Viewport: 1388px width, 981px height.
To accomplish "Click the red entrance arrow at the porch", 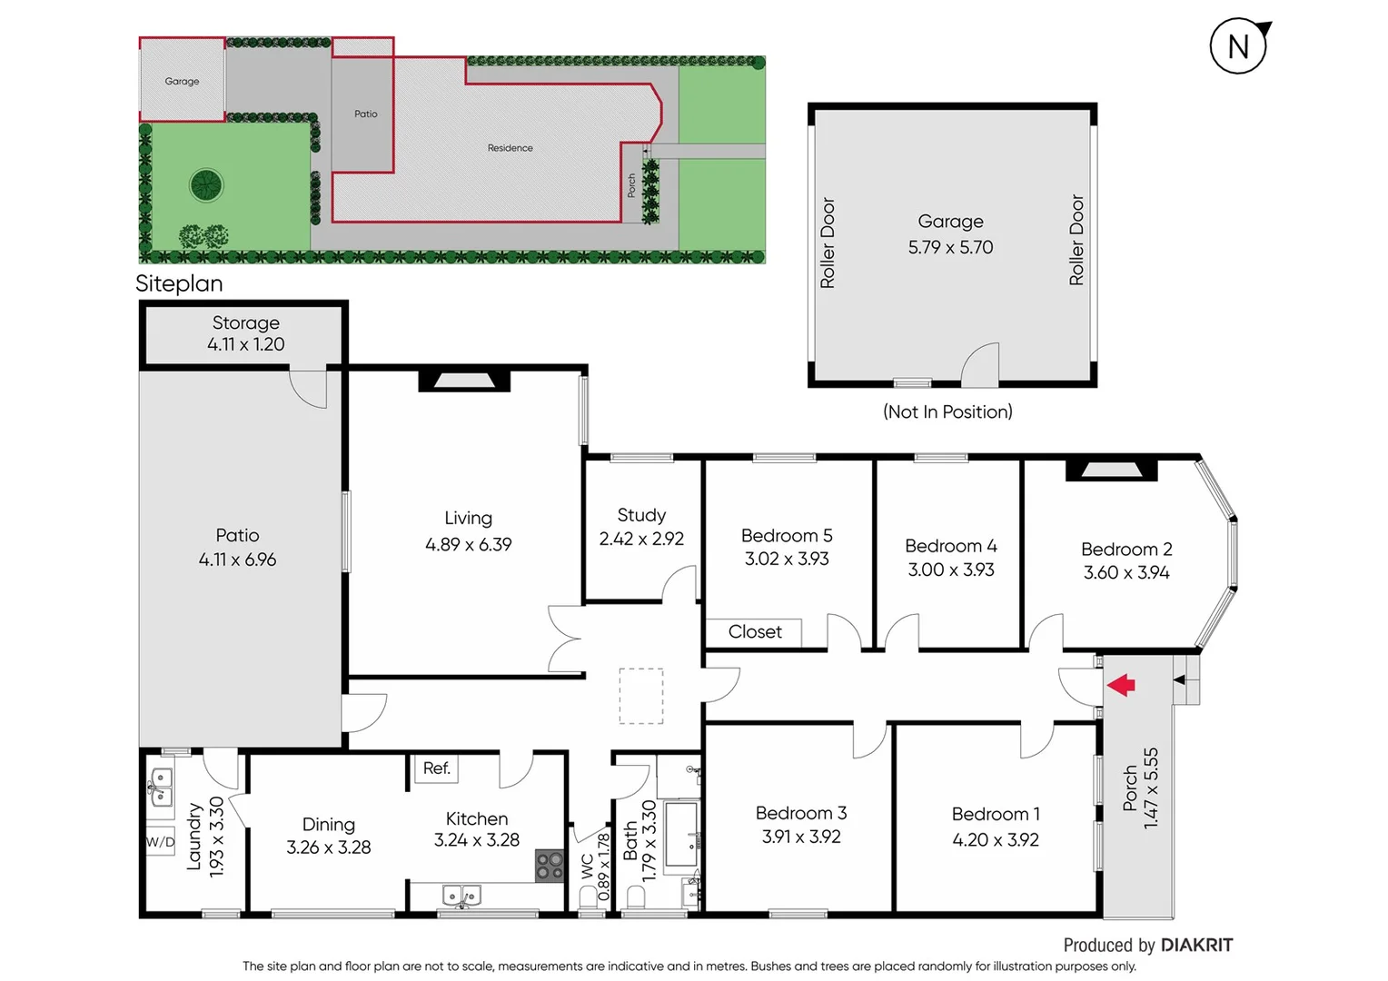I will [x=1122, y=685].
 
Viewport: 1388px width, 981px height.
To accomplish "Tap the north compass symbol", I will [x=1238, y=46].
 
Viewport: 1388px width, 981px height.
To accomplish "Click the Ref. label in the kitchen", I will [x=436, y=768].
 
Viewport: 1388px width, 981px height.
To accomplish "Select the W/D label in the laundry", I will [x=160, y=842].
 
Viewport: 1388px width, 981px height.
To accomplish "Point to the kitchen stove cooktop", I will [x=549, y=865].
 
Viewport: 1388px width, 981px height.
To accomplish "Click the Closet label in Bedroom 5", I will [x=754, y=632].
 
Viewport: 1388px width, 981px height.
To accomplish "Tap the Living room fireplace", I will [x=463, y=381].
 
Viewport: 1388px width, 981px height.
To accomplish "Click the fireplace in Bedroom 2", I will [x=1111, y=470].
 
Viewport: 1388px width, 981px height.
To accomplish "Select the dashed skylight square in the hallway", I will [x=641, y=696].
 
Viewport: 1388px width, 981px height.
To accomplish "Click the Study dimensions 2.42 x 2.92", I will [x=641, y=539].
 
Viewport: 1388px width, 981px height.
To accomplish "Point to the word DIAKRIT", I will [x=1196, y=946].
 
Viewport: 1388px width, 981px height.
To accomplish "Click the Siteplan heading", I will [x=179, y=283].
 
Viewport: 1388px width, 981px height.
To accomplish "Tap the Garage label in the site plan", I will [x=182, y=82].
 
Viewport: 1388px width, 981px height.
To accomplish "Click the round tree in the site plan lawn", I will [x=206, y=185].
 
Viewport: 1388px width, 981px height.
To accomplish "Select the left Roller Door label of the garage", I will [x=828, y=243].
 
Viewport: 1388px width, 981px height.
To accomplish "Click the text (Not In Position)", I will [x=947, y=412].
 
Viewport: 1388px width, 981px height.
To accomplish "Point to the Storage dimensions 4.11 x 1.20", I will [x=245, y=344].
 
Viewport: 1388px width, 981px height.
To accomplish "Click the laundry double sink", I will [x=160, y=788].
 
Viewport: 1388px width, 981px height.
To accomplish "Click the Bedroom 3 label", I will [x=800, y=813].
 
